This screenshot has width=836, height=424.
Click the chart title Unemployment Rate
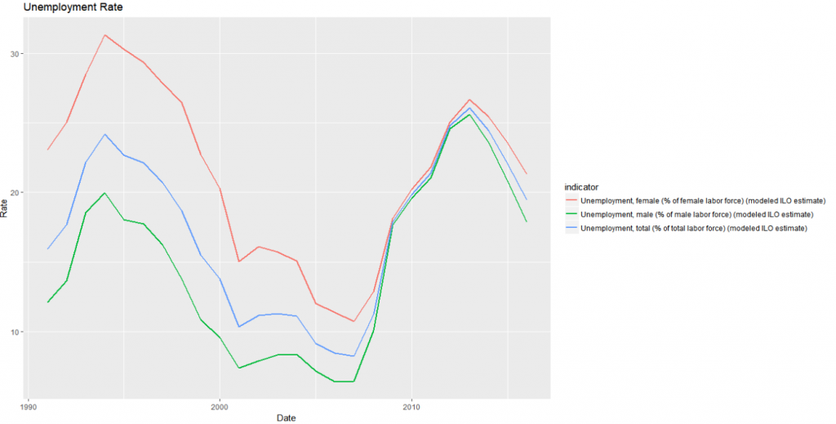pos(73,7)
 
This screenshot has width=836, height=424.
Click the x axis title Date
pos(285,417)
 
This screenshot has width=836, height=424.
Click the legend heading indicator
pos(582,186)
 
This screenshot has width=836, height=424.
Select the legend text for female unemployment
pos(708,200)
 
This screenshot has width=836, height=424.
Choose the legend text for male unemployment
pos(702,214)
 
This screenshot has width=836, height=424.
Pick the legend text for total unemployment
pos(700,228)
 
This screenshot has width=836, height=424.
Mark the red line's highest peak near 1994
pos(104,35)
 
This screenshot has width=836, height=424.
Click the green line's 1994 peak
pos(104,194)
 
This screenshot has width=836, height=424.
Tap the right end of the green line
pos(527,221)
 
